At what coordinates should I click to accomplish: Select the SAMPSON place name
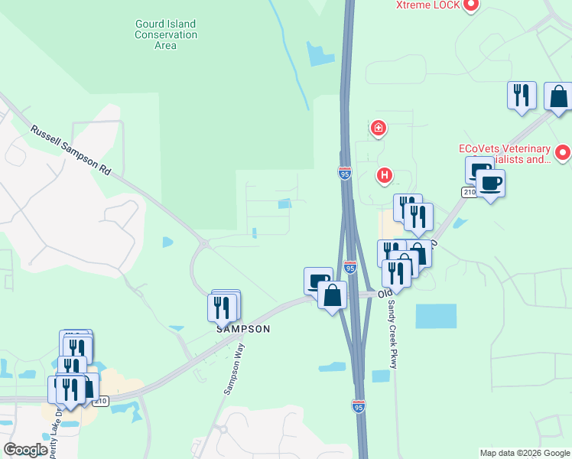tap(243, 329)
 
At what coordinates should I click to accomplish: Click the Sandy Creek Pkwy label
tap(392, 333)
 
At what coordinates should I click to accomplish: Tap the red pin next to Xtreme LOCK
tap(472, 5)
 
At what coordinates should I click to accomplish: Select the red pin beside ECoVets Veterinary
tap(563, 153)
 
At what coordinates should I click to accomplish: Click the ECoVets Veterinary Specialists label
tap(505, 154)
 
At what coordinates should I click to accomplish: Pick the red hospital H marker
tap(385, 176)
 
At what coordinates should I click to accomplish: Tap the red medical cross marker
tap(378, 128)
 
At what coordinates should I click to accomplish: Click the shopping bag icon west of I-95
tap(332, 295)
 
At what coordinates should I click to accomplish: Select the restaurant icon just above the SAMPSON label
tap(222, 307)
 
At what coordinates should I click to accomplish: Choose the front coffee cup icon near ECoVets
tap(490, 184)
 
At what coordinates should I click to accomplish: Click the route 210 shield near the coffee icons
tap(468, 190)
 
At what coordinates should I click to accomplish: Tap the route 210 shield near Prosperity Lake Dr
tap(102, 400)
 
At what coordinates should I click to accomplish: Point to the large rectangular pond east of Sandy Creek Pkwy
tap(436, 316)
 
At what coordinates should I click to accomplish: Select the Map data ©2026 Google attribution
tap(525, 453)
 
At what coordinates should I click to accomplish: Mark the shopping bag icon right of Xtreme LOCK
tap(558, 97)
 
